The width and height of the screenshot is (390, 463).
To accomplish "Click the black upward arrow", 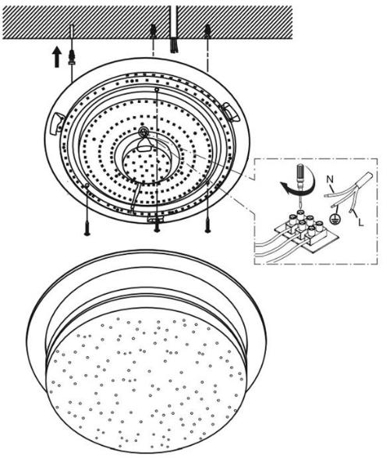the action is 56,58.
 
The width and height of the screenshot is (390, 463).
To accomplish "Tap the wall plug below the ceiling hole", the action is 72,58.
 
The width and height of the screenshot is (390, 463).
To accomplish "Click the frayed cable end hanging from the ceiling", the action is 174,44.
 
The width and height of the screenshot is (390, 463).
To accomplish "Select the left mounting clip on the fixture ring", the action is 57,124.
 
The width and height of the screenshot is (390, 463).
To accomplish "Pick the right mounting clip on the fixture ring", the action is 231,111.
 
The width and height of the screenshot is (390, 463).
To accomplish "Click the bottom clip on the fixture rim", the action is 155,219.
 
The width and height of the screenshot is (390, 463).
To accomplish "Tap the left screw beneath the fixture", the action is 87,228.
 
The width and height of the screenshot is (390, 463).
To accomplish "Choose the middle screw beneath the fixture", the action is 157,226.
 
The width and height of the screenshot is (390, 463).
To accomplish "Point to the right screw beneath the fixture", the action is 207,227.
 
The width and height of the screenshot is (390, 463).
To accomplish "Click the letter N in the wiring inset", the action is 330,179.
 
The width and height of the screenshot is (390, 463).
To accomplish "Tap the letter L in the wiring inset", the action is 360,221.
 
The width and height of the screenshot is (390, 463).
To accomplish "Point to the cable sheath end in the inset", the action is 364,179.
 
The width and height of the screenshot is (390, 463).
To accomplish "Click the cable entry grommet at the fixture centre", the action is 144,131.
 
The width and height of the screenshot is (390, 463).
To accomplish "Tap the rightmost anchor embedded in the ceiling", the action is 207,32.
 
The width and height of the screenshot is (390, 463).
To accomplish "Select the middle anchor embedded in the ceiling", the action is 154,31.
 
